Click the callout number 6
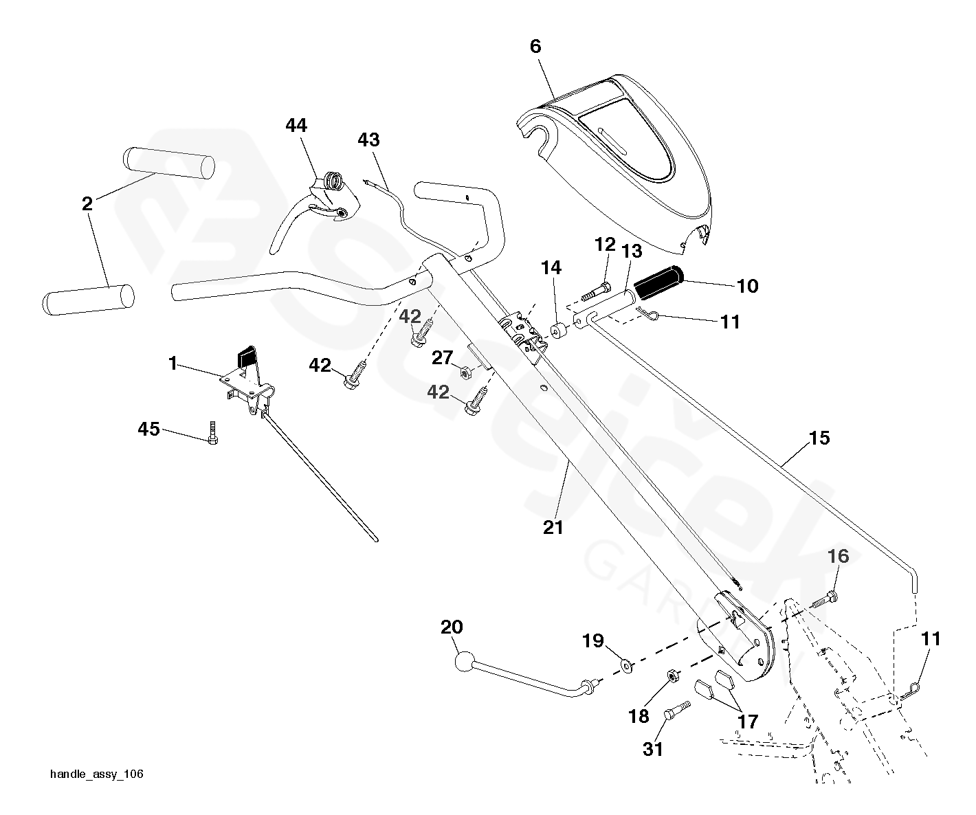pyautogui.click(x=535, y=46)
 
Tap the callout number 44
pyautogui.click(x=296, y=125)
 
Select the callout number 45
pyautogui.click(x=148, y=429)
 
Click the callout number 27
pyautogui.click(x=442, y=357)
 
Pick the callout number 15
pyautogui.click(x=819, y=438)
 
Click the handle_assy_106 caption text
pyautogui.click(x=96, y=774)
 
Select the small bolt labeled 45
pyautogui.click(x=212, y=433)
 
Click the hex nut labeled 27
pyautogui.click(x=463, y=372)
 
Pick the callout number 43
pyautogui.click(x=368, y=139)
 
